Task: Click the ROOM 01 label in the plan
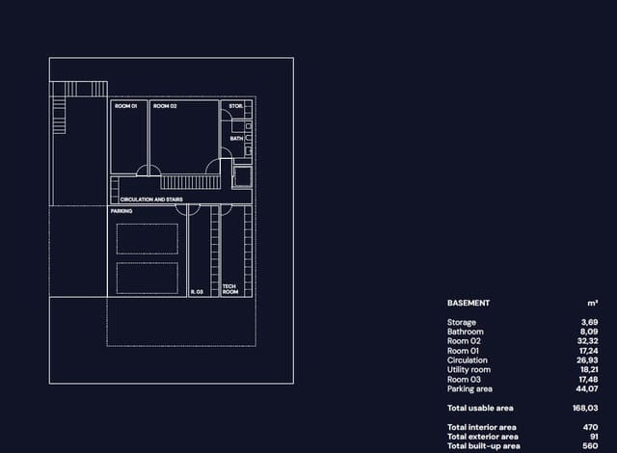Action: (x=126, y=106)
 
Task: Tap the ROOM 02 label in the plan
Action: (x=165, y=106)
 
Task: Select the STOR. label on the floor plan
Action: (x=235, y=106)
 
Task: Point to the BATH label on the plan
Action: (x=236, y=139)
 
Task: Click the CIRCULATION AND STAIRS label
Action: (x=151, y=200)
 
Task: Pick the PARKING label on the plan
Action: (x=121, y=211)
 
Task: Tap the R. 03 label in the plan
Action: (x=197, y=292)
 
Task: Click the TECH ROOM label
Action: (x=230, y=289)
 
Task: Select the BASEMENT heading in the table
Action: (x=469, y=304)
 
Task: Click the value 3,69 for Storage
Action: (x=589, y=323)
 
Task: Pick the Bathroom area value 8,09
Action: (x=589, y=332)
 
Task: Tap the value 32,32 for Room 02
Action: (x=587, y=341)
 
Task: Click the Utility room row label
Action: (x=469, y=370)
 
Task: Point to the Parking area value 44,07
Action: (x=587, y=388)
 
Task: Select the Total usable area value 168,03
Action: (x=585, y=408)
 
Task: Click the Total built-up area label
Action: (x=484, y=446)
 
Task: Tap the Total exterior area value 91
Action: (x=594, y=437)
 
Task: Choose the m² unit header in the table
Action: (x=593, y=304)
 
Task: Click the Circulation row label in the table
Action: (x=467, y=360)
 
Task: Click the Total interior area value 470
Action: (x=591, y=427)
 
